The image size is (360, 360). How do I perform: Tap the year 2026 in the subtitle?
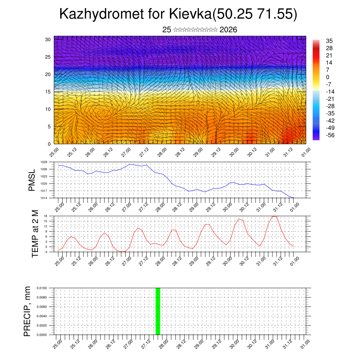pos(228,30)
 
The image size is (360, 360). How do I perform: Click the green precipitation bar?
pos(158,311)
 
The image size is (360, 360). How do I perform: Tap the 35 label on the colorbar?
pos(329,41)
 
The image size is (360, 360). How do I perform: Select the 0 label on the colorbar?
pos(328,77)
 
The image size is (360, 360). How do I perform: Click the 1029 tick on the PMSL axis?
pos(44,162)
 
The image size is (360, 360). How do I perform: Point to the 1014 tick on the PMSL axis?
pos(44,198)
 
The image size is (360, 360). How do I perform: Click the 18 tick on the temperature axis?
pos(45,216)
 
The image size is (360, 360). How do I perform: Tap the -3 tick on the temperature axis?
pos(45,252)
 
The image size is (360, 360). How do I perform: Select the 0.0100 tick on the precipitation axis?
pos(42,288)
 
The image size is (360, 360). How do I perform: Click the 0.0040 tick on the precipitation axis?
pos(42,316)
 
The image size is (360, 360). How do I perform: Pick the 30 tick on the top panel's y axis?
pos(47,39)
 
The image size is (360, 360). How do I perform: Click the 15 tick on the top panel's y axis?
pos(47,92)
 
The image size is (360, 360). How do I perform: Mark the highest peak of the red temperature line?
pos(275,216)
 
